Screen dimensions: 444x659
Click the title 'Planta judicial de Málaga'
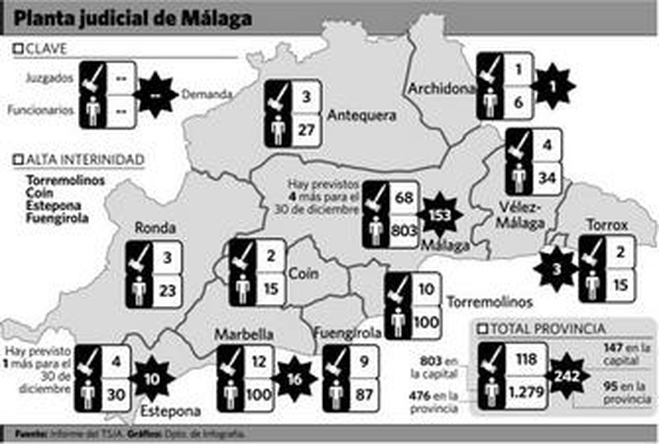[x=133, y=19]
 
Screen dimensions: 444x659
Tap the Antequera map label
[x=362, y=116]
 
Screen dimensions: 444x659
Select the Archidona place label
[x=441, y=88]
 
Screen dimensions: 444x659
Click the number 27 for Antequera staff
[x=306, y=130]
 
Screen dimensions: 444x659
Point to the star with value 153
[x=439, y=215]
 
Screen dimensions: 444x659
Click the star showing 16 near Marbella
[x=294, y=379]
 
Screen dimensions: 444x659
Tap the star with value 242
[x=567, y=376]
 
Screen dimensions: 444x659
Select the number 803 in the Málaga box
[x=404, y=230]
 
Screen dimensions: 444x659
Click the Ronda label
[x=155, y=228]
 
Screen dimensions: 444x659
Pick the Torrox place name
[x=608, y=225]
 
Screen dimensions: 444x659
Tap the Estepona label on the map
[x=171, y=411]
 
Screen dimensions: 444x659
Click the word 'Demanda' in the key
[x=207, y=95]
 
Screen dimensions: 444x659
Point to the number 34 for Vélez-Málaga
[x=547, y=178]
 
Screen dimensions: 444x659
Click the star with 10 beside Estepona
[x=152, y=379]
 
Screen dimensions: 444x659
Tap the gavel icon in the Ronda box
[x=139, y=258]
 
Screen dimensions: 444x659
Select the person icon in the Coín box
[x=243, y=289]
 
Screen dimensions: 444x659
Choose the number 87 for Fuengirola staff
[x=364, y=395]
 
